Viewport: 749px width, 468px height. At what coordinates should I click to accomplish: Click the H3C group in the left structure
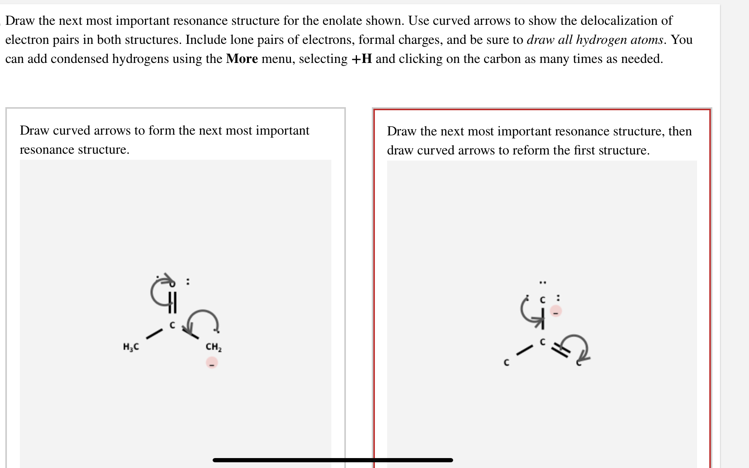(x=131, y=347)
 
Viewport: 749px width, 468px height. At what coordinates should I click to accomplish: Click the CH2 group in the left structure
(x=213, y=347)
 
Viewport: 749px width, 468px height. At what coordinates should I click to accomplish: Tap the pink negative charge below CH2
(x=212, y=362)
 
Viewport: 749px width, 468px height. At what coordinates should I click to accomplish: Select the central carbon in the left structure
(x=172, y=325)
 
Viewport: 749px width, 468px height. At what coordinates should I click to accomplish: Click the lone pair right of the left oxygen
(x=187, y=282)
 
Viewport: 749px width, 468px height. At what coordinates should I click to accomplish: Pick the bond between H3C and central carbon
(x=154, y=334)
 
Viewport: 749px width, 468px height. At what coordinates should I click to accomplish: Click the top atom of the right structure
(x=543, y=300)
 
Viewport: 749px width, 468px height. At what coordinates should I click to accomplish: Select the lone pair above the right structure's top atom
(x=543, y=283)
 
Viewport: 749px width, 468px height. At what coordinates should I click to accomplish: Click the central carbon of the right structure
(x=543, y=341)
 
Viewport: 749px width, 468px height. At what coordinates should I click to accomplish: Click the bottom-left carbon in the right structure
(x=507, y=363)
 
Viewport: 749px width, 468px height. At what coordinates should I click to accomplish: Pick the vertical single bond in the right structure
(x=543, y=320)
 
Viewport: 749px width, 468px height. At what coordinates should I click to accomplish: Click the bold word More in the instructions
(x=242, y=59)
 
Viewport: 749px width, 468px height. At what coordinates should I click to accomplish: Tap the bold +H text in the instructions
(x=362, y=59)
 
